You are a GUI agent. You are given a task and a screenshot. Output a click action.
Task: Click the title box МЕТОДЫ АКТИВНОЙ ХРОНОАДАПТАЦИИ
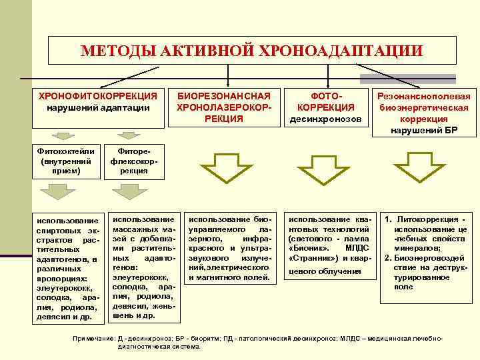[252, 51]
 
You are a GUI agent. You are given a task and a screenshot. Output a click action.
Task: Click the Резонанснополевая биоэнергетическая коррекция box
[424, 112]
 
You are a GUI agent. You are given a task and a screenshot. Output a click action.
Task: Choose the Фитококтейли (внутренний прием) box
[61, 160]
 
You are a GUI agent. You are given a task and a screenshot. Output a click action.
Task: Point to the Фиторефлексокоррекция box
[130, 161]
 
